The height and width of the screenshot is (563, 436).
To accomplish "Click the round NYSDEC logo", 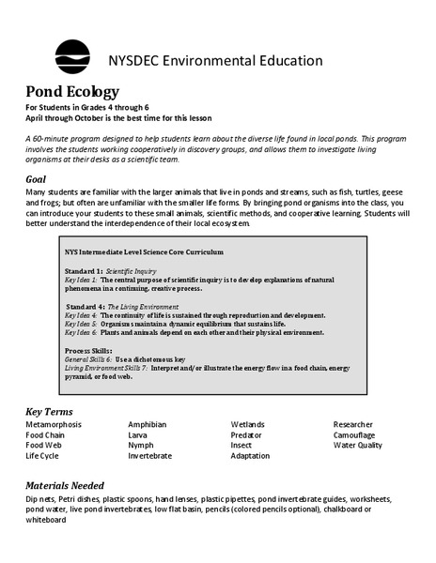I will coord(72,57).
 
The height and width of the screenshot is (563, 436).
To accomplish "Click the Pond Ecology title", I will coord(72,92).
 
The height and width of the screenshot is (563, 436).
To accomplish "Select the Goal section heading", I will coord(39,178).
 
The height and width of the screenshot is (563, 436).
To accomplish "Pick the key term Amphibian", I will coord(148,425).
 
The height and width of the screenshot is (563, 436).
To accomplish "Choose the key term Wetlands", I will coord(249,425).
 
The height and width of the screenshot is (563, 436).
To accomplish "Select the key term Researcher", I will coord(353,425).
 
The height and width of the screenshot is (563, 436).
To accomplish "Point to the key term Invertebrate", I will coord(150,456).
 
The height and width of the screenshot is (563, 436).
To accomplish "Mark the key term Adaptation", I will coord(250,456).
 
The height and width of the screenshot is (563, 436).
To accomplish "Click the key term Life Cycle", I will coord(42,456).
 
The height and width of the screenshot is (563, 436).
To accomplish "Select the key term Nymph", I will coord(142,446).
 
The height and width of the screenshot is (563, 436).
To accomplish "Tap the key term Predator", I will coord(247,435).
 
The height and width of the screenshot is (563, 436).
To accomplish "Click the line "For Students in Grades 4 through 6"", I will coord(87,109).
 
